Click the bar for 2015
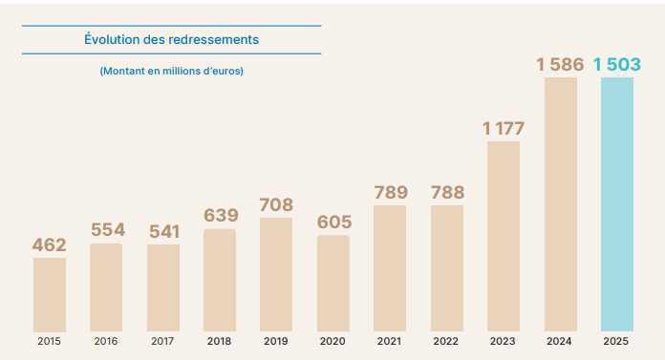(x=50, y=294)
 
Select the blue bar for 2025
(x=617, y=204)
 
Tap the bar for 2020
(x=333, y=283)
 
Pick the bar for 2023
(x=504, y=236)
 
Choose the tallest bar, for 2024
(x=561, y=204)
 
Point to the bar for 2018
(x=220, y=280)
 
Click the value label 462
(x=50, y=245)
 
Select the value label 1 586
(x=561, y=65)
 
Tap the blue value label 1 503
(x=617, y=65)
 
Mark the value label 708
(x=276, y=205)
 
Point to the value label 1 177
(x=504, y=129)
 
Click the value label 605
(x=333, y=222)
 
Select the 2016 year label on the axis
(x=106, y=341)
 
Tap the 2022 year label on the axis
(x=446, y=341)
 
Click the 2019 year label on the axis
(x=276, y=341)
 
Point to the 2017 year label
(x=163, y=341)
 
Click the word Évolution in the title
(x=113, y=40)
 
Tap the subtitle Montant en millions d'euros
(x=171, y=72)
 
